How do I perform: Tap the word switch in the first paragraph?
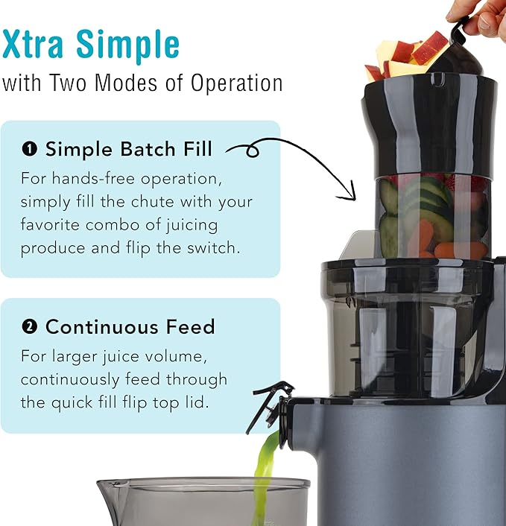click(214, 247)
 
